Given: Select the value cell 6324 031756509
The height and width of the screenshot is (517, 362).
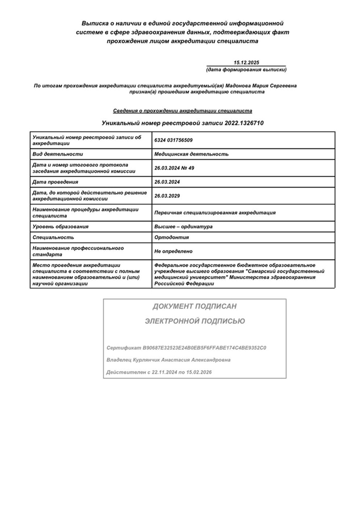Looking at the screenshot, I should coord(173,141).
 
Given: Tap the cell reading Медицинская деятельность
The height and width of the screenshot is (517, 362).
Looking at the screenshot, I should coord(191,154).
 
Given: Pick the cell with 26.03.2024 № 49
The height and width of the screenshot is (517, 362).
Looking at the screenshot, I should coord(174,168).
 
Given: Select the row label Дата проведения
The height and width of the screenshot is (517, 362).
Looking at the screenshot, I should coord(55,182).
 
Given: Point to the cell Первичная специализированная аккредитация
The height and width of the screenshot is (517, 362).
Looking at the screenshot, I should coord(215,212).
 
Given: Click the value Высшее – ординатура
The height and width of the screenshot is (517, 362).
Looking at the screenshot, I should coord(184,226).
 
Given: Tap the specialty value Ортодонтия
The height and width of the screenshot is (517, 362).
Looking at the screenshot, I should coord(172,237).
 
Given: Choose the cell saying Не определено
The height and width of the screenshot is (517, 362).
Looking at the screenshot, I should coord(173,251).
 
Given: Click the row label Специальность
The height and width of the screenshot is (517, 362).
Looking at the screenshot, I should coord(53,237).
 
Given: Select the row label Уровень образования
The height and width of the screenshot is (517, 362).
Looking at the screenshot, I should coord(61,226).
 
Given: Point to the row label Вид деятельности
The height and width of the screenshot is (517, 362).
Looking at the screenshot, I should coord(57,154).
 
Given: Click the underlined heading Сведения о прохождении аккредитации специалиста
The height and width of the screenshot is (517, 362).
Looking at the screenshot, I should coord(183,111).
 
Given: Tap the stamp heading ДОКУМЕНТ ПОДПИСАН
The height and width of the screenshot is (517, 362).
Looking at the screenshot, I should coord(194,307).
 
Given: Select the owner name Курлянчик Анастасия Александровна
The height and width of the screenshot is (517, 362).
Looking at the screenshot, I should coord(183,360).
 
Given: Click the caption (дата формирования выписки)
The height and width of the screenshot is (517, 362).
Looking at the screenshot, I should coord(246,69).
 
